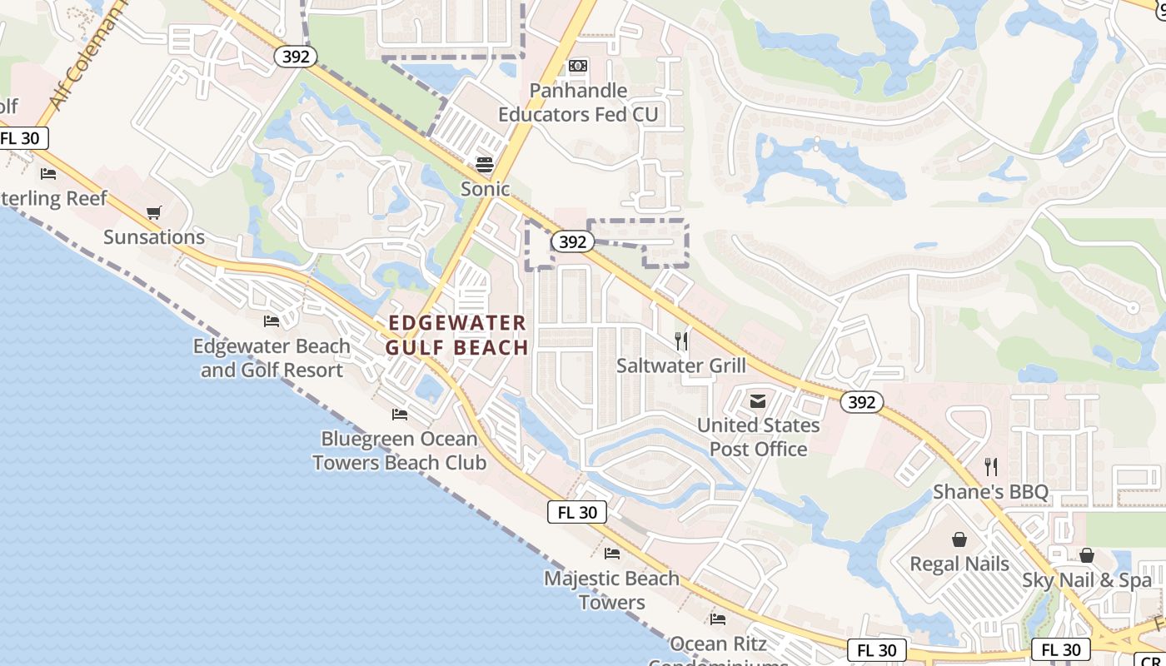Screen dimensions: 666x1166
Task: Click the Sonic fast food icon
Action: (485, 164)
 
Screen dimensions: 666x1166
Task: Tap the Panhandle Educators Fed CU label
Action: (578, 102)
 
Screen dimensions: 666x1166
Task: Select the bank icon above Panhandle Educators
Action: (578, 66)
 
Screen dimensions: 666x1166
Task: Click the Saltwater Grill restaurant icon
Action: (681, 340)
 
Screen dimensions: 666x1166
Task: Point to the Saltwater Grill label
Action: (681, 365)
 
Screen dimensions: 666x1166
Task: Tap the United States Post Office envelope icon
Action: (757, 401)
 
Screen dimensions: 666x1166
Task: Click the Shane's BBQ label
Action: (990, 492)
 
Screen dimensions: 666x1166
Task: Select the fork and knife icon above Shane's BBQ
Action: (990, 467)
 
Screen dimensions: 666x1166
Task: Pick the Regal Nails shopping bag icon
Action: (959, 539)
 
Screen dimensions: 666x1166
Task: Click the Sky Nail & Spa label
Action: (1087, 580)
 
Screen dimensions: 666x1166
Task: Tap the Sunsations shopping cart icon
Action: (153, 213)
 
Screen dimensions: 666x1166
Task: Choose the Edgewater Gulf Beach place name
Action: (457, 335)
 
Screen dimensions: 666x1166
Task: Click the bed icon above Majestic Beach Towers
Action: (612, 554)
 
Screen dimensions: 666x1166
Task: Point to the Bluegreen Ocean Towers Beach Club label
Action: (400, 450)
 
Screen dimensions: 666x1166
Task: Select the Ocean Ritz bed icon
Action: (718, 619)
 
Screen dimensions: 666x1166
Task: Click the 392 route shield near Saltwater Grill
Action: (572, 242)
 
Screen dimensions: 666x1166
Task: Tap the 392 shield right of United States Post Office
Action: (861, 403)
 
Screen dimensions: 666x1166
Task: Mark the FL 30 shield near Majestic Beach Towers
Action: (577, 513)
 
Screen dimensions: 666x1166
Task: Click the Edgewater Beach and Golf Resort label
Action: (272, 358)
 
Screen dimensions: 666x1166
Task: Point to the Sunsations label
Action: (154, 237)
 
